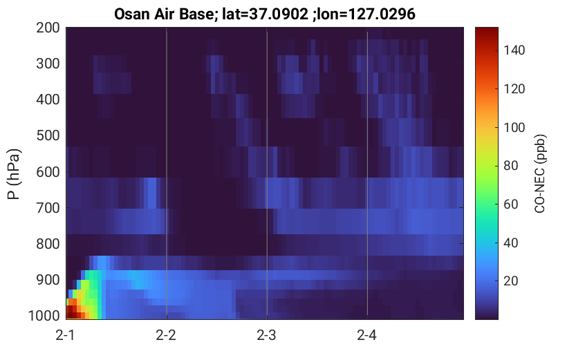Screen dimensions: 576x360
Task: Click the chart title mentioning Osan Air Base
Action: (x=264, y=15)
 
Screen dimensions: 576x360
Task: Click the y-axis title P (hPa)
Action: (x=13, y=174)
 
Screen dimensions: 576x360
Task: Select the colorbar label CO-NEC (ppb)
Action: (x=539, y=173)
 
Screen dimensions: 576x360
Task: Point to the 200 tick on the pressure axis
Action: (x=48, y=28)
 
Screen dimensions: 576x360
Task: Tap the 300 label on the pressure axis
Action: (x=48, y=64)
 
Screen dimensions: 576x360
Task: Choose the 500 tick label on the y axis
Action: (x=48, y=136)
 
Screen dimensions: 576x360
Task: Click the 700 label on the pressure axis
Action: (x=48, y=208)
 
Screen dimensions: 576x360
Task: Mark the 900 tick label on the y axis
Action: (x=48, y=280)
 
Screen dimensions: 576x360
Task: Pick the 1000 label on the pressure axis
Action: (x=44, y=316)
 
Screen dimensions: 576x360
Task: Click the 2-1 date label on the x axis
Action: (x=66, y=335)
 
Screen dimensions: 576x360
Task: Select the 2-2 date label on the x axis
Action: (x=166, y=335)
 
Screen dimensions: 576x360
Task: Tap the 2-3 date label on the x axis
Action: (x=266, y=335)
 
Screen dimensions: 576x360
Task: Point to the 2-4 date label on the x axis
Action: (x=366, y=335)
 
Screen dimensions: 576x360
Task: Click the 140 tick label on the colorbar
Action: (x=514, y=50)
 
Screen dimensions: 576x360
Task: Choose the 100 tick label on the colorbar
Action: (x=514, y=127)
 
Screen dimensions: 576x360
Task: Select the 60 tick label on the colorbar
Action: (x=510, y=204)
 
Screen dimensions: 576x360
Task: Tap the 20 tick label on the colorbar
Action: (x=510, y=281)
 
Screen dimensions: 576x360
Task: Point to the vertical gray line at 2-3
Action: (x=267, y=173)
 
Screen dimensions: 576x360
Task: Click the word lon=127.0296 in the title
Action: (x=366, y=15)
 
